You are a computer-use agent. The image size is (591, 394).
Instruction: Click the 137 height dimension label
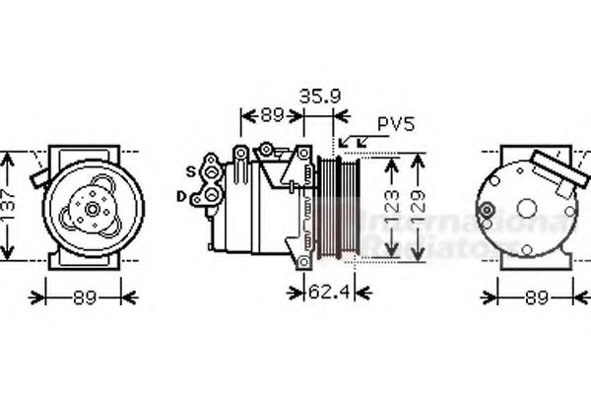click(9, 204)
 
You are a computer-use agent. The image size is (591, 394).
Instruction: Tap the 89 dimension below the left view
click(87, 295)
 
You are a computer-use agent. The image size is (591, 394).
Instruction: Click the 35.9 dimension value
click(319, 98)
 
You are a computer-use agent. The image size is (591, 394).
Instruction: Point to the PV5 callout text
click(396, 126)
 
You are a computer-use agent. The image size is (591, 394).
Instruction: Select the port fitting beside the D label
click(206, 198)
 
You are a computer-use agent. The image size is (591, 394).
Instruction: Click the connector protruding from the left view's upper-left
click(40, 176)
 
